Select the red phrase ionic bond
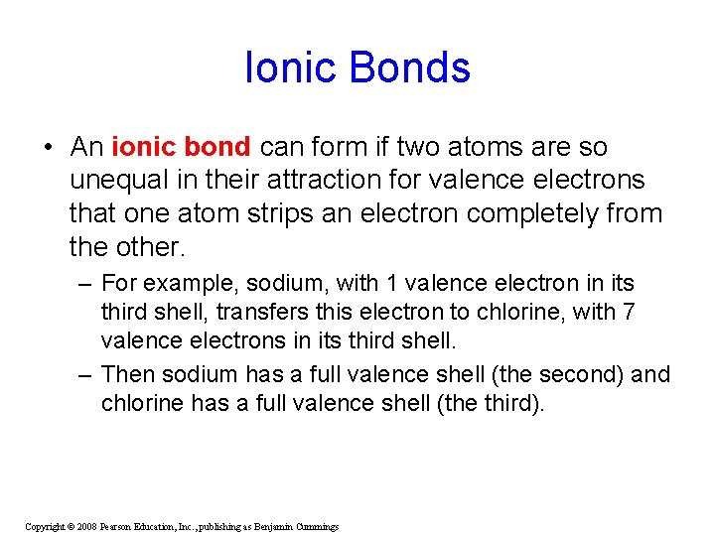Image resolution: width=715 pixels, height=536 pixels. (181, 147)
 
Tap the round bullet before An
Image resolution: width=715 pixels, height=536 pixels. (48, 148)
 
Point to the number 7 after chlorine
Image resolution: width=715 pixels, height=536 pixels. (628, 312)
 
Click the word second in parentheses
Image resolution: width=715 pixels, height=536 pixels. (582, 374)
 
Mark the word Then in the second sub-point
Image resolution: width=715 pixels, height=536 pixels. (127, 374)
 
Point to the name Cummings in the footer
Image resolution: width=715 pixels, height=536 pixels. (316, 526)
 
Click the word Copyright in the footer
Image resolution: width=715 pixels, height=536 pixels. (44, 526)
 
